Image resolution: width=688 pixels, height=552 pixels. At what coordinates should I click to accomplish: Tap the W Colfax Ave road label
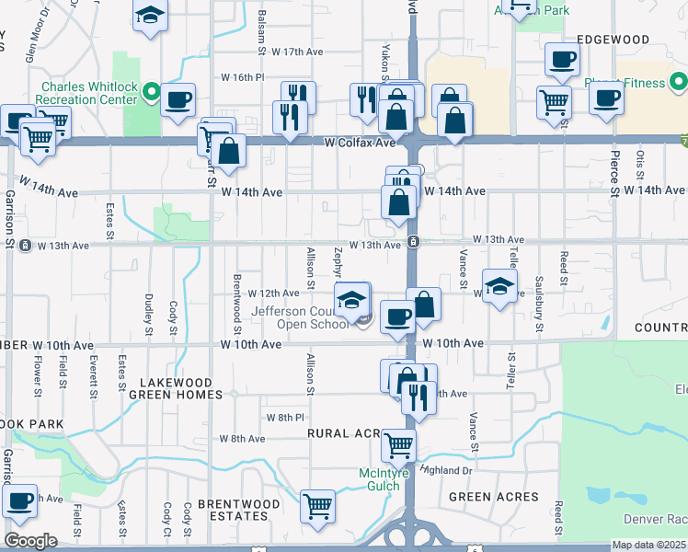(360, 143)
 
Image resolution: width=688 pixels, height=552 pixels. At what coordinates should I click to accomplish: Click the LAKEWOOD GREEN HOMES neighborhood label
(176, 388)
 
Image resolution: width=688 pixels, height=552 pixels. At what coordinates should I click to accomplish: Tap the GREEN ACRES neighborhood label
(493, 497)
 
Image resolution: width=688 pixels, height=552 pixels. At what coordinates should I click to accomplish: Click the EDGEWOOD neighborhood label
(613, 40)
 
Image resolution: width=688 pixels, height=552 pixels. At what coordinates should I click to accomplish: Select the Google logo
(30, 541)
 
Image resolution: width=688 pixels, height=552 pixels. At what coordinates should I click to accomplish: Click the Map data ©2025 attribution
(649, 545)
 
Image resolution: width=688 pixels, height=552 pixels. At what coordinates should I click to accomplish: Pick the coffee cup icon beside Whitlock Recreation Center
(178, 99)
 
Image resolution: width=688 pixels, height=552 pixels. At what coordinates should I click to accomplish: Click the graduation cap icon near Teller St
(499, 285)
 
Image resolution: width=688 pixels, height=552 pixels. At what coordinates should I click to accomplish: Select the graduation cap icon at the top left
(149, 17)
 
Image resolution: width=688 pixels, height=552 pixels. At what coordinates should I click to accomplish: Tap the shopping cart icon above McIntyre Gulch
(398, 445)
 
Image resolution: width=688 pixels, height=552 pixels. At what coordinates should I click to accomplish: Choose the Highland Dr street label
(447, 469)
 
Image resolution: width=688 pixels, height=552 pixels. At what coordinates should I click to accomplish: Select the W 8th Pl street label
(284, 418)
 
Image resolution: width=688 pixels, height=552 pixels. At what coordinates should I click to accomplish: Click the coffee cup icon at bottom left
(19, 500)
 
